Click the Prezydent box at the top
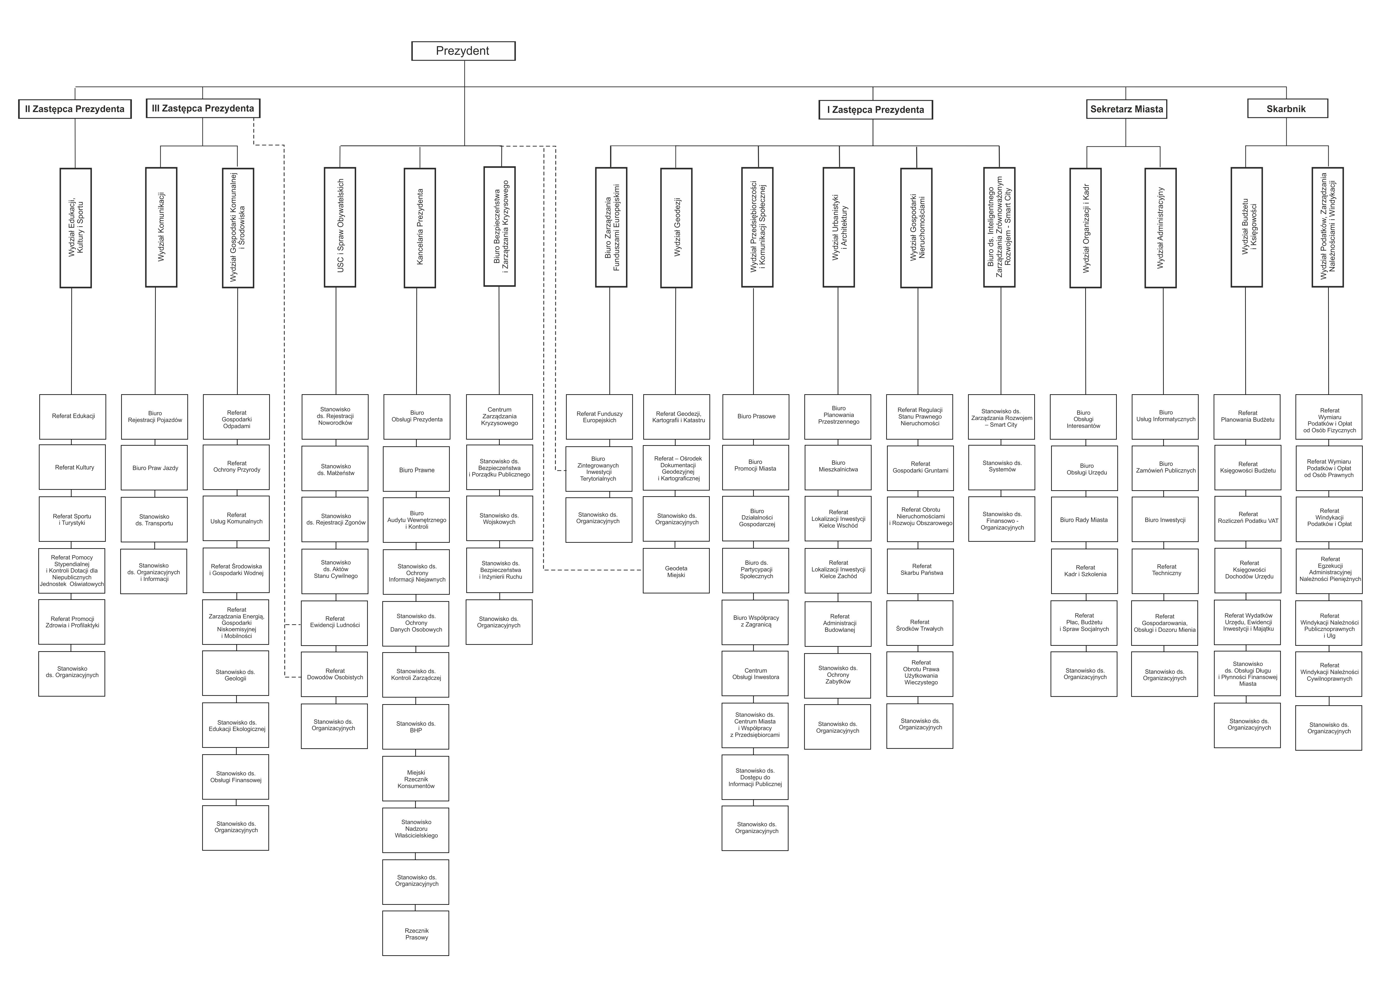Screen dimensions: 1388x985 463,51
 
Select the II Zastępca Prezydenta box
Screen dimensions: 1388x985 75,109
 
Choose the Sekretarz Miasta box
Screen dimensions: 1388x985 1126,109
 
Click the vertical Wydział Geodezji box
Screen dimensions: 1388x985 676,227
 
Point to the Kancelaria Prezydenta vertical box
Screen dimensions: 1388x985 420,227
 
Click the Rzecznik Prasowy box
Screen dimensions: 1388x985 416,934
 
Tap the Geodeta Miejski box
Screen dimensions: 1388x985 676,571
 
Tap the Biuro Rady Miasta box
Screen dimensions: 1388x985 1084,520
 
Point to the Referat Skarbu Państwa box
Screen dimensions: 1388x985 920,571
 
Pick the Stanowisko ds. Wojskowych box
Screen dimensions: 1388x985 500,519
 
